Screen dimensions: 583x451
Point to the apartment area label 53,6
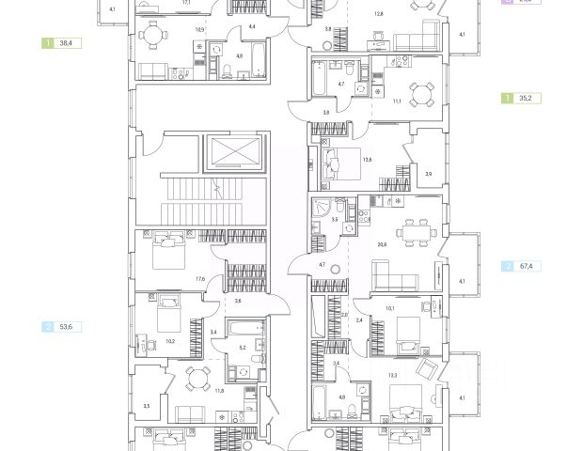click(64, 327)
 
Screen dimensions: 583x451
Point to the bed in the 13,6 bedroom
click(333, 162)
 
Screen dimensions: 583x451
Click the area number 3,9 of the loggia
click(428, 174)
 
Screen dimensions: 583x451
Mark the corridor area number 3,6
click(238, 301)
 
